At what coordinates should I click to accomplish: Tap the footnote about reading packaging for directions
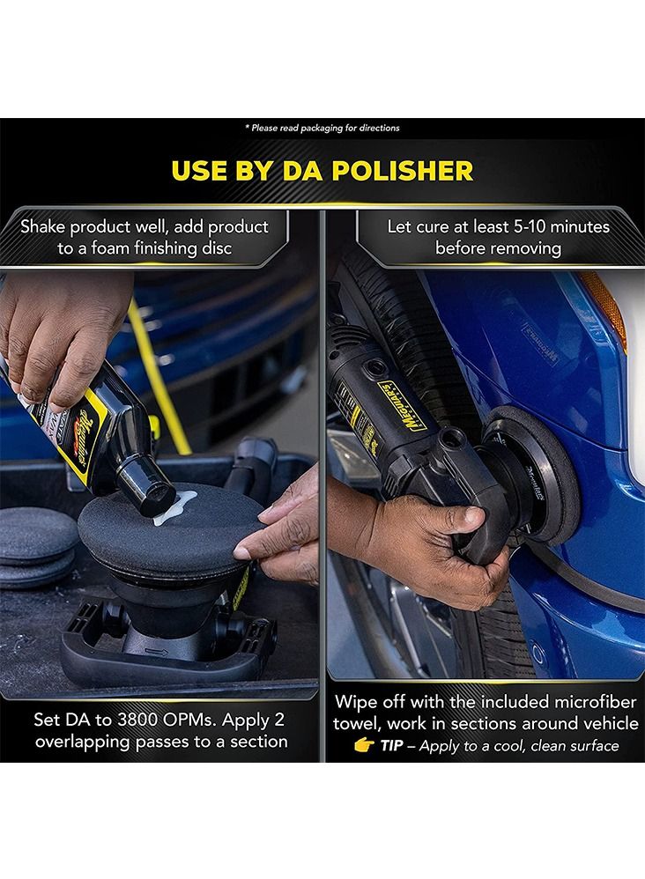[x=322, y=128]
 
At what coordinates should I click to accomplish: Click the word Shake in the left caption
[x=48, y=226]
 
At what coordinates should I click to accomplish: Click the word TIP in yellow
[x=394, y=746]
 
